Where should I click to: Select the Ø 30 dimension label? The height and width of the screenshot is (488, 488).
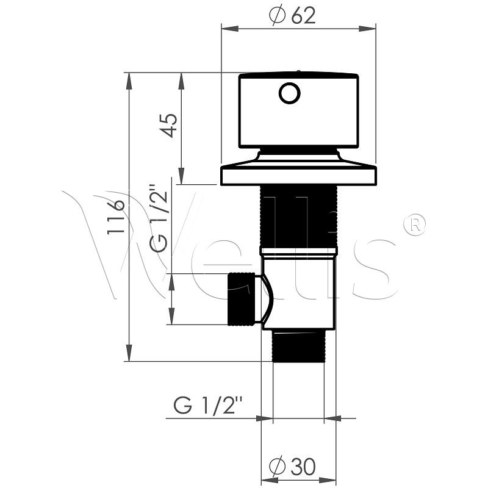[x=292, y=465]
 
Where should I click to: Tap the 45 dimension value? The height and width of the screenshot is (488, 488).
[x=169, y=126]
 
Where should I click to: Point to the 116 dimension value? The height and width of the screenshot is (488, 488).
[x=116, y=217]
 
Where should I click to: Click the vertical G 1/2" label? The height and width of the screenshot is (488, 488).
[x=159, y=218]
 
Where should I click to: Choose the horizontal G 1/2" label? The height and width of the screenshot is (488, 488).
[x=208, y=404]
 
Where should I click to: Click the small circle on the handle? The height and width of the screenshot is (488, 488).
[x=289, y=93]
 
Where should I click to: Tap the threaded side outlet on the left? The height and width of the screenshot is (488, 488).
[x=242, y=299]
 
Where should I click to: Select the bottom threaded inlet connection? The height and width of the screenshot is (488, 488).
[x=298, y=346]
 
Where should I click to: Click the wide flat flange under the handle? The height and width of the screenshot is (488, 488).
[x=298, y=176]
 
